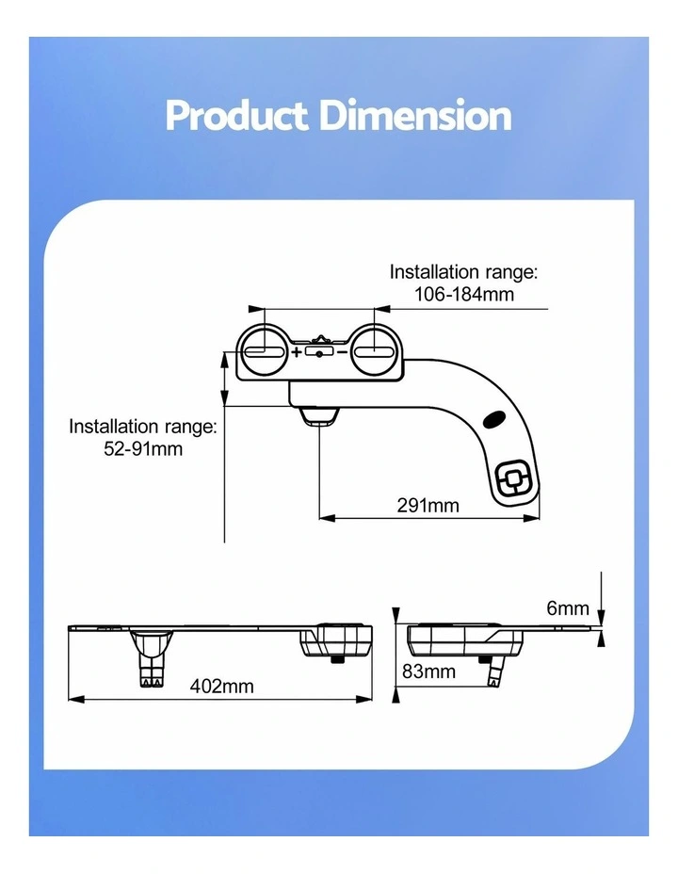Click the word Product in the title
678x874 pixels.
pos(236,116)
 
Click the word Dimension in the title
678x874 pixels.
pos(415,116)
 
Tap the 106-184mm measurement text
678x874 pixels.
pos(463,294)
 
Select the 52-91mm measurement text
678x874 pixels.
pos(143,448)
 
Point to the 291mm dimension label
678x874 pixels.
pos(428,505)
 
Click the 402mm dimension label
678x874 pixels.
pos(221,686)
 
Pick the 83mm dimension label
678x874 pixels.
pos(429,672)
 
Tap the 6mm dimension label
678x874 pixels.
pos(568,607)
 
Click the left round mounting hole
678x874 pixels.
pos(264,350)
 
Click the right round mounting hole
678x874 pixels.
pos(375,350)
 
